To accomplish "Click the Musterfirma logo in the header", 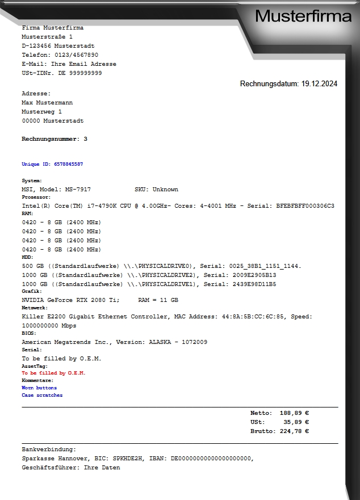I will coord(303,16).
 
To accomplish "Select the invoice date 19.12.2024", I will coord(319,83).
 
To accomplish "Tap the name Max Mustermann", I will coord(47,103).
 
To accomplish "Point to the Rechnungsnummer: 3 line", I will coord(55,139).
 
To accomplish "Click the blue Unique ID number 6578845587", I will coord(69,164).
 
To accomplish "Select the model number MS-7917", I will coord(76,190).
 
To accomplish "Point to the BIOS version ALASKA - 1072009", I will coord(178,342).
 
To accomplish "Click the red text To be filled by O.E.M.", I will coord(53,373).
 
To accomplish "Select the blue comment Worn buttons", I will coord(39,388).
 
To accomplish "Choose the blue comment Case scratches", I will coord(42,395).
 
